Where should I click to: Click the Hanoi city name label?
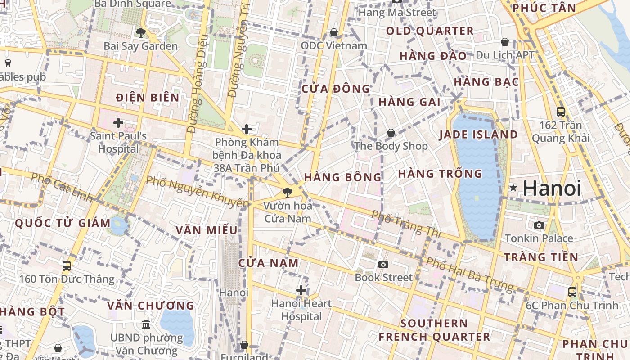point(552,188)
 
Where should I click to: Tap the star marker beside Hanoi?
point(513,188)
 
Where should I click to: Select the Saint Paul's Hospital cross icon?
point(118,122)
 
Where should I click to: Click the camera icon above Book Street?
point(383,264)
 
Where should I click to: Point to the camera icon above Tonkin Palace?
point(539,225)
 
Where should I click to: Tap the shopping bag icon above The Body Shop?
point(391,133)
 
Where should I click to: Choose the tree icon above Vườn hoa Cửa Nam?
point(287,193)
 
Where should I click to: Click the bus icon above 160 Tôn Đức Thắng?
point(67,265)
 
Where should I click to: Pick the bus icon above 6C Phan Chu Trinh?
point(572,292)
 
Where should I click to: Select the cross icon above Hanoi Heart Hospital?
point(301,290)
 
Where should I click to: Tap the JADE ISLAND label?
point(478,135)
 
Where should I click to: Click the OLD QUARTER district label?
point(430,31)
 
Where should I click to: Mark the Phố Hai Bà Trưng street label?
point(469,274)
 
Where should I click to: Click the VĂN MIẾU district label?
point(207,230)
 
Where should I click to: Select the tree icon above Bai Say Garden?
point(140,32)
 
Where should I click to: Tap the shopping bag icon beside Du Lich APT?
point(505,42)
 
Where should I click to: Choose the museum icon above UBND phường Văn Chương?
point(146,324)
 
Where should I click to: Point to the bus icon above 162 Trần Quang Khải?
point(560,112)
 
